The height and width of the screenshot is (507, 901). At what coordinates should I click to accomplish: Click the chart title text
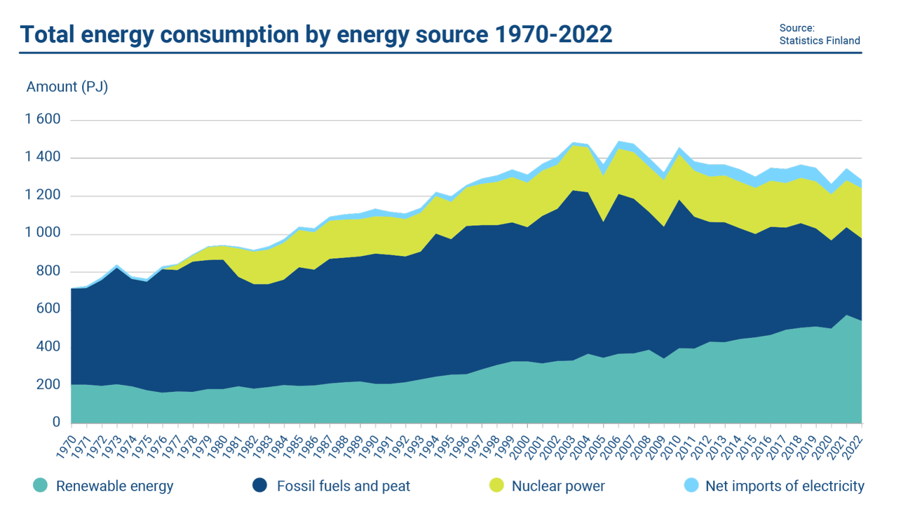pyautogui.click(x=316, y=35)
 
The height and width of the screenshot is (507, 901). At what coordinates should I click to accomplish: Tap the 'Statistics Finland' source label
pyautogui.click(x=819, y=40)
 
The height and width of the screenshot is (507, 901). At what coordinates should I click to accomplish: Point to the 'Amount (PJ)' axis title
pyautogui.click(x=67, y=87)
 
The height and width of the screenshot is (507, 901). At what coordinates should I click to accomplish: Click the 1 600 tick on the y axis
pyautogui.click(x=43, y=120)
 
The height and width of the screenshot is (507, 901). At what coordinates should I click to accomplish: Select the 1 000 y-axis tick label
pyautogui.click(x=43, y=234)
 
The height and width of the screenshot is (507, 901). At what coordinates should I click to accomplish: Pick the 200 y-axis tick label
pyautogui.click(x=49, y=385)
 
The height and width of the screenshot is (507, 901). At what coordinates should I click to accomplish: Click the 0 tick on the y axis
pyautogui.click(x=56, y=422)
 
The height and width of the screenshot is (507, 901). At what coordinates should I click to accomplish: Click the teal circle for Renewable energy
pyautogui.click(x=40, y=485)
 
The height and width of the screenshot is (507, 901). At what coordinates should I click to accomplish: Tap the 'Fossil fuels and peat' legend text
pyautogui.click(x=343, y=486)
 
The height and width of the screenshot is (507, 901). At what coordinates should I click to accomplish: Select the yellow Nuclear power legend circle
pyautogui.click(x=496, y=485)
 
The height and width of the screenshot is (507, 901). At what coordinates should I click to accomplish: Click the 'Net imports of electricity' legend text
pyautogui.click(x=785, y=486)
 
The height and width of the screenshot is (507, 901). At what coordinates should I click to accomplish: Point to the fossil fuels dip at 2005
pyautogui.click(x=603, y=222)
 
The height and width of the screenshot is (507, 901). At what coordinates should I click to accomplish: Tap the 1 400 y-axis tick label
pyautogui.click(x=43, y=157)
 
